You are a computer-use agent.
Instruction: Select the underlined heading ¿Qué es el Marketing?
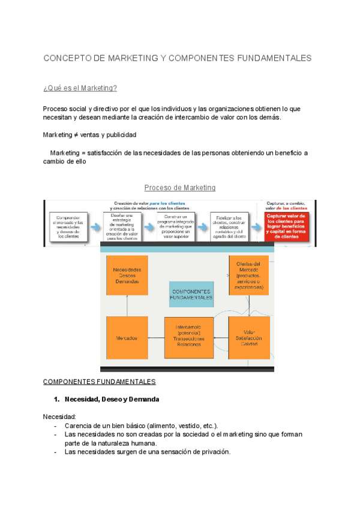pyautogui.click(x=80, y=88)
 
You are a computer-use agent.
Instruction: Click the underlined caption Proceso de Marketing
pyautogui.click(x=179, y=188)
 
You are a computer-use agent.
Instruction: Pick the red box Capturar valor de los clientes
pyautogui.click(x=286, y=226)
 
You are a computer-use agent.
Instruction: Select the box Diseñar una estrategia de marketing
pyautogui.click(x=125, y=226)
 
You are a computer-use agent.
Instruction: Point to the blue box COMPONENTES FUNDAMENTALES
pyautogui.click(x=191, y=294)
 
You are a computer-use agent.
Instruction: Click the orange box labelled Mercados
pyautogui.click(x=127, y=338)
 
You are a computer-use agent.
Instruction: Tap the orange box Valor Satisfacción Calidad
pyautogui.click(x=249, y=338)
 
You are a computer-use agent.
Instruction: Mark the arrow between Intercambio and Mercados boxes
pyautogui.click(x=156, y=338)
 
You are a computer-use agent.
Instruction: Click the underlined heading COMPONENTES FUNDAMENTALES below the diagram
pyautogui.click(x=99, y=382)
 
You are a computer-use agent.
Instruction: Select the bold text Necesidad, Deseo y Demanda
pyautogui.click(x=112, y=399)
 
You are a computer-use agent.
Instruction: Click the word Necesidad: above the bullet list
pyautogui.click(x=59, y=417)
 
